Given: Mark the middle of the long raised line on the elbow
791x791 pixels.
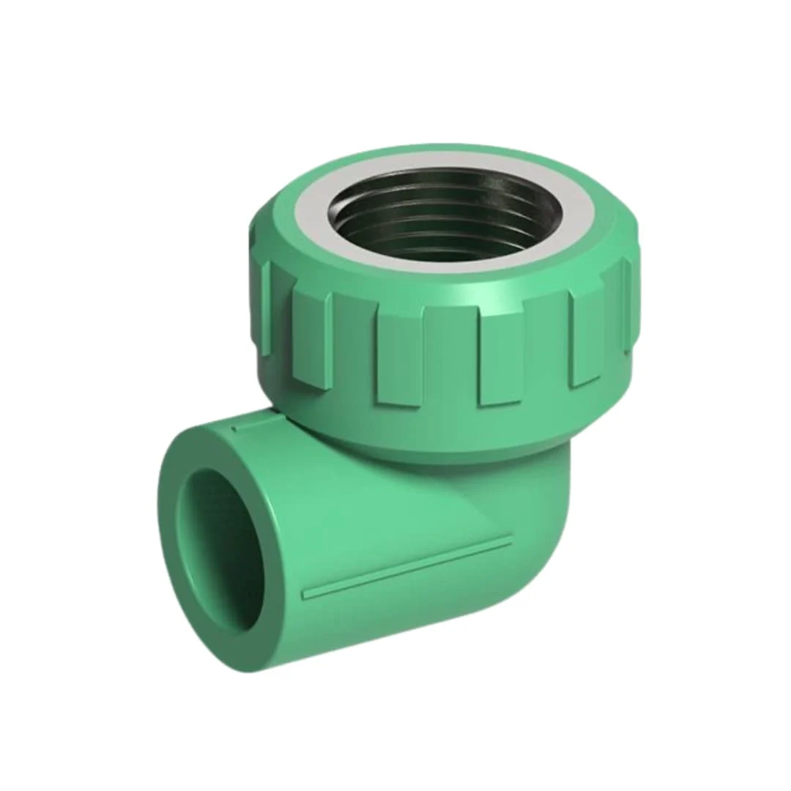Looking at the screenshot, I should [407, 568].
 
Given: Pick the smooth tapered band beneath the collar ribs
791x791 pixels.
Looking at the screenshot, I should [439, 432].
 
